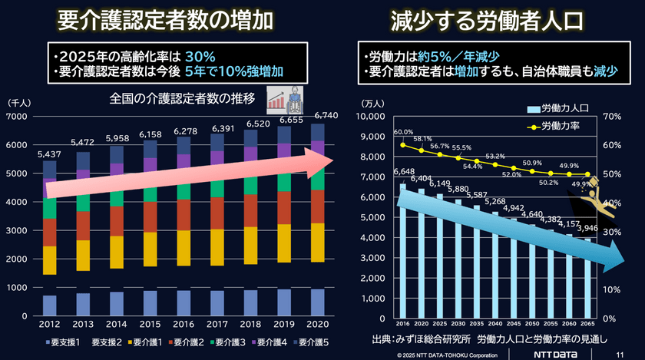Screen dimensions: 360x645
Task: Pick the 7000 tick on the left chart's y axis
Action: (17, 116)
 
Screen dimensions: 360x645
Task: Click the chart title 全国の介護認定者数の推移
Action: (184, 98)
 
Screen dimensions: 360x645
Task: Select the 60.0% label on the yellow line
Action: (403, 132)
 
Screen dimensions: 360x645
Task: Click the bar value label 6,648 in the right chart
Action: (404, 171)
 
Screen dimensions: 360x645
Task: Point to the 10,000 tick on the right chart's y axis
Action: (376, 116)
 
